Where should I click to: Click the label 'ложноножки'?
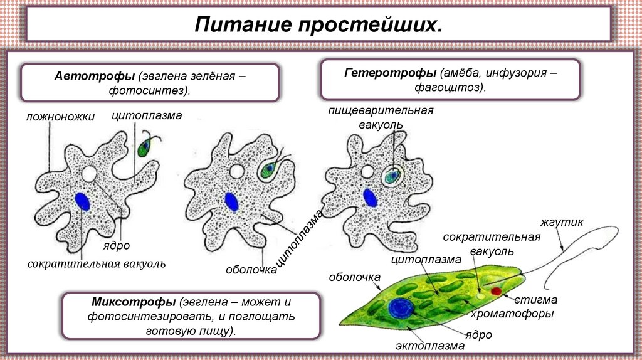click(61, 117)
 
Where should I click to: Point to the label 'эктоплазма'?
click(430, 346)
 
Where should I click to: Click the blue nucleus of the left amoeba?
click(82, 201)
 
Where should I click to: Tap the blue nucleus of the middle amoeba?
click(231, 202)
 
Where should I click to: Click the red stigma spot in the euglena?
click(497, 291)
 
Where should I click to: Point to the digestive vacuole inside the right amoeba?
click(393, 175)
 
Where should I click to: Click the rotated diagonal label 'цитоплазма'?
click(300, 237)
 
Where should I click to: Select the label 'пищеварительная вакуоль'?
click(381, 117)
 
